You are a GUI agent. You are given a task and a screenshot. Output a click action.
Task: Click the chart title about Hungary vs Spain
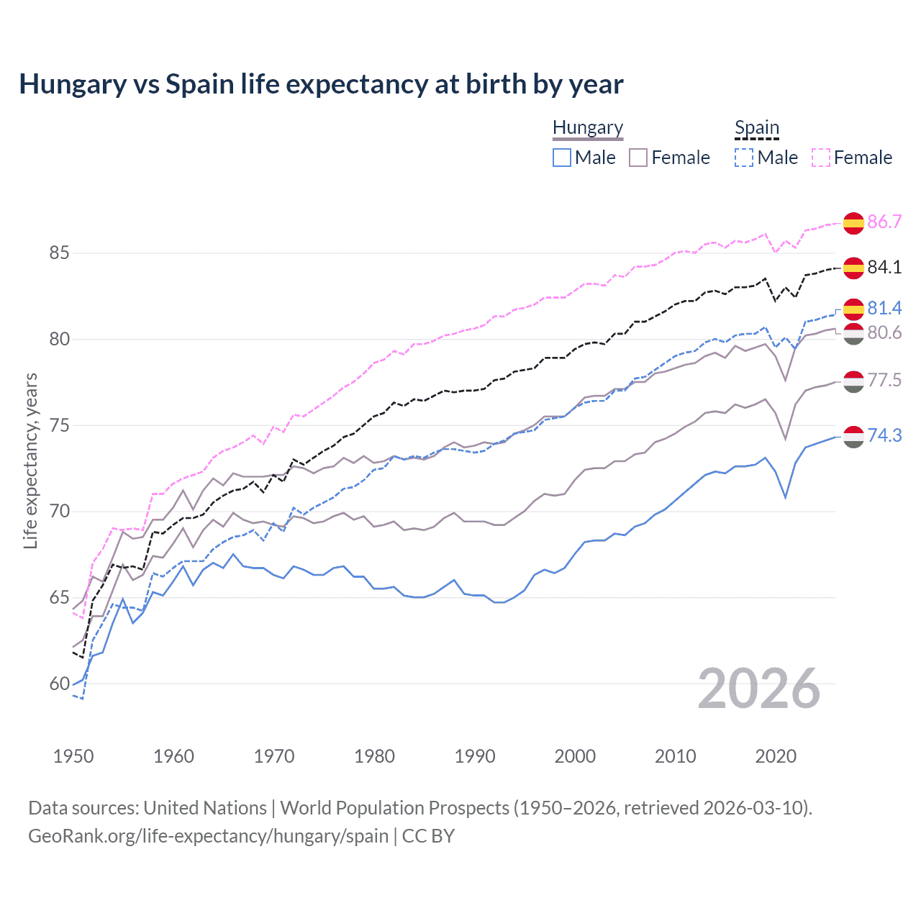pyautogui.click(x=321, y=84)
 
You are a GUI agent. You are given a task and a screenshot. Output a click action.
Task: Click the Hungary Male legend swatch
pyautogui.click(x=562, y=158)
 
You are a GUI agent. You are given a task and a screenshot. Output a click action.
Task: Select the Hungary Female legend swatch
pyautogui.click(x=638, y=158)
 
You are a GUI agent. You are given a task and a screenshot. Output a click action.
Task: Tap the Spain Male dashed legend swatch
pyautogui.click(x=744, y=158)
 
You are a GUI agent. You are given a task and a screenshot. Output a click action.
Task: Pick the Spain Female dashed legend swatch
pyautogui.click(x=821, y=158)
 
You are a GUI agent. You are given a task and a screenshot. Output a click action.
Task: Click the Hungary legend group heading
pyautogui.click(x=588, y=128)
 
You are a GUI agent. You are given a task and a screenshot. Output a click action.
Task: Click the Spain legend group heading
pyautogui.click(x=756, y=128)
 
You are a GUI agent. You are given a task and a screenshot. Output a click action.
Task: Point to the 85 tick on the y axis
pyautogui.click(x=59, y=253)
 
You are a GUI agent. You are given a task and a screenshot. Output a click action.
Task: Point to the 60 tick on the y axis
pyautogui.click(x=59, y=684)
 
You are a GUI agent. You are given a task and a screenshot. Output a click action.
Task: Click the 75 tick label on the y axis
pyautogui.click(x=59, y=425)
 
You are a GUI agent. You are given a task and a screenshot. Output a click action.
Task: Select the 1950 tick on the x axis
pyautogui.click(x=73, y=756)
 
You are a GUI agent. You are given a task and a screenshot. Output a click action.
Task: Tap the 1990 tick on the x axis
pyautogui.click(x=475, y=756)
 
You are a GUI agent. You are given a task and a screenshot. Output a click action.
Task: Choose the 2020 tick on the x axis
pyautogui.click(x=776, y=756)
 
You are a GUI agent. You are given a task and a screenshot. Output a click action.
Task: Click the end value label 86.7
pyautogui.click(x=884, y=222)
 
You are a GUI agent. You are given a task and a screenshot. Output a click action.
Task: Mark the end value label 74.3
pyautogui.click(x=884, y=435)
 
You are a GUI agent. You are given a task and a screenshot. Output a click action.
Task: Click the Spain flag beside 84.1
pyautogui.click(x=853, y=268)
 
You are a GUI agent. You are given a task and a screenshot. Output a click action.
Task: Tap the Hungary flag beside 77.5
pyautogui.click(x=853, y=381)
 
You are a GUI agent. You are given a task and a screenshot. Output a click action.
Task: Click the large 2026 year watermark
pyautogui.click(x=759, y=689)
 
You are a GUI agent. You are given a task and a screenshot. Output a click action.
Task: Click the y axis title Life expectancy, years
pyautogui.click(x=30, y=460)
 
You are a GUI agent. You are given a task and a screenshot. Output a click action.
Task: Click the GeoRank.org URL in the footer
pyautogui.click(x=208, y=836)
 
